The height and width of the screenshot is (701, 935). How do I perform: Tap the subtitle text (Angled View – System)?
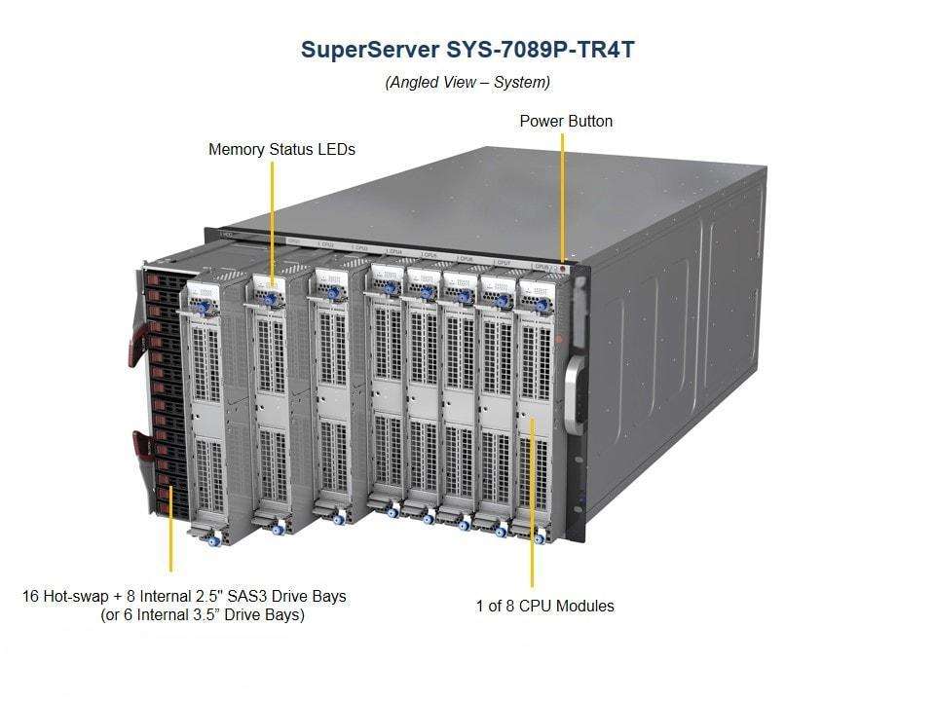pyautogui.click(x=467, y=82)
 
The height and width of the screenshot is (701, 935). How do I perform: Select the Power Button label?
pyautogui.click(x=566, y=121)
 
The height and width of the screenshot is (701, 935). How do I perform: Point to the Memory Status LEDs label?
pyautogui.click(x=281, y=150)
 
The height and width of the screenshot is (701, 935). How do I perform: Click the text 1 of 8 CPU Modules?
pyautogui.click(x=544, y=606)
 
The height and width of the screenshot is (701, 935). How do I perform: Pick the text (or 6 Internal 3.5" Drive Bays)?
pyautogui.click(x=203, y=615)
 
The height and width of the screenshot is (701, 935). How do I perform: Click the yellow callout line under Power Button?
pyautogui.click(x=563, y=195)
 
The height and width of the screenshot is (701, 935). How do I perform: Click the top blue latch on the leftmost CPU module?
pyautogui.click(x=205, y=307)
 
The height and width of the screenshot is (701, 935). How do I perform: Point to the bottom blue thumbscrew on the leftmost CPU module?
pyautogui.click(x=214, y=539)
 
